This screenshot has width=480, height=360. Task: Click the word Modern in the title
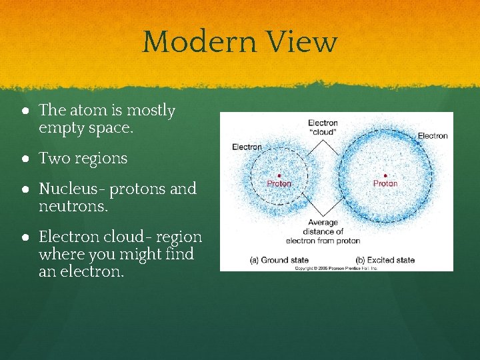click(x=201, y=42)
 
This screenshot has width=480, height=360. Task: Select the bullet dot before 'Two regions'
click(x=24, y=159)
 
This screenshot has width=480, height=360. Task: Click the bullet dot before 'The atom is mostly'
click(x=24, y=111)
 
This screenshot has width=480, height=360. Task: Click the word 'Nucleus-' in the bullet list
click(x=72, y=189)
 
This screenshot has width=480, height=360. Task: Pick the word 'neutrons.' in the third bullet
click(x=72, y=207)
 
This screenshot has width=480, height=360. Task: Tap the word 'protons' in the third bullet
click(x=139, y=189)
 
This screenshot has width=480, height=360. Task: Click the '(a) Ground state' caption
click(x=279, y=260)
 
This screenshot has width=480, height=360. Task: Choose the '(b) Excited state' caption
click(x=385, y=260)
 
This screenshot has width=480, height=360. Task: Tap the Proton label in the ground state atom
click(x=279, y=183)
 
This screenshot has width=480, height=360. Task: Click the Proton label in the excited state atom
click(x=385, y=183)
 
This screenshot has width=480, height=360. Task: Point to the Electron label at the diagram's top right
click(x=433, y=136)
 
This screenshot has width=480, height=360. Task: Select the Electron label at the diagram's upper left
click(x=247, y=147)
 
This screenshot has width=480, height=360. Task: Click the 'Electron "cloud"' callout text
click(x=323, y=127)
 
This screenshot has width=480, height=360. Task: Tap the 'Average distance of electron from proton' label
click(x=323, y=231)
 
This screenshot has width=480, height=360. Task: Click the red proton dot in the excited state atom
click(x=385, y=175)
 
